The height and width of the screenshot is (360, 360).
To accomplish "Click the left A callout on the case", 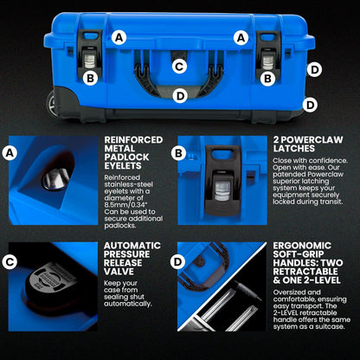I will (119, 37).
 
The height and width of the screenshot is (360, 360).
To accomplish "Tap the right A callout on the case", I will (241, 37).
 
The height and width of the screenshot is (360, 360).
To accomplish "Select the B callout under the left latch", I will (90, 78).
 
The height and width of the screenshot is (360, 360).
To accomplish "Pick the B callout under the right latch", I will (269, 78).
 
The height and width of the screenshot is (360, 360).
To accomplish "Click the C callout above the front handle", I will (179, 66).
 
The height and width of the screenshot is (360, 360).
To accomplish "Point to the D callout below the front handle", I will (179, 96).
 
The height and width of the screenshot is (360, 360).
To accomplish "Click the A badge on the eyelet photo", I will (10, 153).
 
